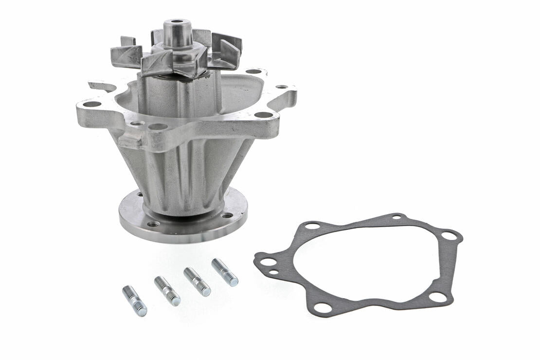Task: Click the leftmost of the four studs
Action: pyautogui.click(x=134, y=301)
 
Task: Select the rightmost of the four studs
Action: pyautogui.click(x=225, y=272)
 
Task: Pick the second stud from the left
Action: pyautogui.click(x=167, y=290)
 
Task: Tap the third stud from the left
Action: pyautogui.click(x=197, y=282)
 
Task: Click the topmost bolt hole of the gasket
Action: pyautogui.click(x=397, y=216)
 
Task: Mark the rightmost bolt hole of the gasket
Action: pyautogui.click(x=449, y=236)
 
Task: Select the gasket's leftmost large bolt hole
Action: pyautogui.click(x=268, y=262)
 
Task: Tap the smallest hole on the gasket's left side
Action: pyautogui.click(x=273, y=272)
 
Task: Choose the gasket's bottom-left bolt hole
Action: pyautogui.click(x=322, y=307)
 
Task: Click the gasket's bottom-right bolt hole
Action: pyautogui.click(x=437, y=296)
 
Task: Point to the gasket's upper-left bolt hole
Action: pyautogui.click(x=312, y=226)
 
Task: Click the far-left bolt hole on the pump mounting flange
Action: pyautogui.click(x=92, y=104)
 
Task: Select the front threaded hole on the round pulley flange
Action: pyautogui.click(x=154, y=224)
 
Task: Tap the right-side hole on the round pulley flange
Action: pyautogui.click(x=227, y=215)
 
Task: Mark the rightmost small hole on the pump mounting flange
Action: pyautogui.click(x=282, y=87)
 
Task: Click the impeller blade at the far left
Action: pyautogui.click(x=126, y=55)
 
